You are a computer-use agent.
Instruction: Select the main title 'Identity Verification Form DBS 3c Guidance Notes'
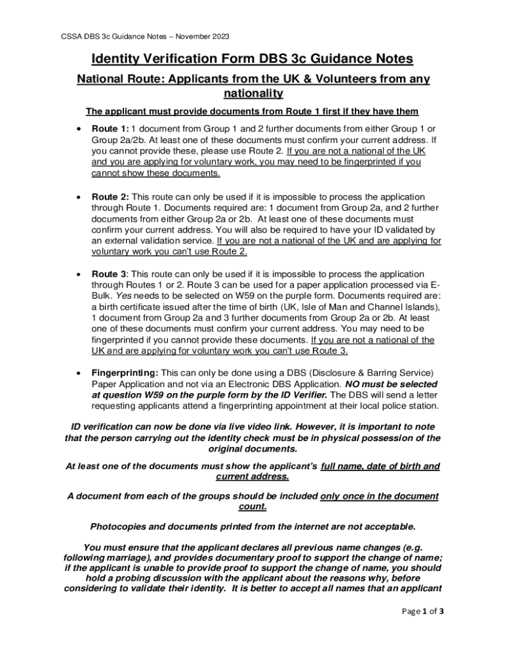[253, 59]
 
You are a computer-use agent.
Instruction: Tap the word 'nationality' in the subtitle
[253, 94]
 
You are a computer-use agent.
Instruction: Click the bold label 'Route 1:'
[109, 129]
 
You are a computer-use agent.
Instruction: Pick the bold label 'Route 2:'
[110, 198]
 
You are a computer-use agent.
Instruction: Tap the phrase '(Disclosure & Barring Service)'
[373, 372]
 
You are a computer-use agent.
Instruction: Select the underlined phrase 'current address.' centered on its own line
[253, 477]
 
